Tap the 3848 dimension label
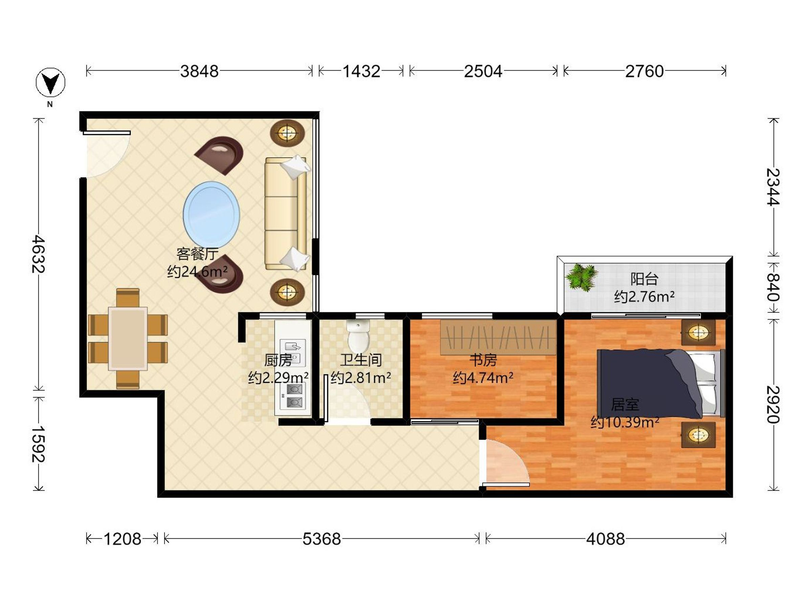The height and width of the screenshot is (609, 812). tap(199, 71)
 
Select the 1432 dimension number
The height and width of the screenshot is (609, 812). tap(361, 71)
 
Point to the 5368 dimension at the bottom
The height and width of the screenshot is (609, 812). tap(321, 539)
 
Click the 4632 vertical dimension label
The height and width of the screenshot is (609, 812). tap(38, 254)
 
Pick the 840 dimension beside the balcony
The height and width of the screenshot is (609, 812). tap(773, 287)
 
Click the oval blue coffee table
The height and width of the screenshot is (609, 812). tap(211, 215)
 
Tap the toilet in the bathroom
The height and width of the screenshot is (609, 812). tap(358, 336)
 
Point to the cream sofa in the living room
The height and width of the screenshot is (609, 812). tap(286, 213)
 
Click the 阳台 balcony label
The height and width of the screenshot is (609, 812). tap(644, 279)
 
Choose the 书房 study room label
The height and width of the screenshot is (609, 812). tap(483, 360)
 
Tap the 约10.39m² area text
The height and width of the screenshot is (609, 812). tap(625, 422)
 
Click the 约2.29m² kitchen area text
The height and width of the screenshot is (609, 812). tap(278, 377)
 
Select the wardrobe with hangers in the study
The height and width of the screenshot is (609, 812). tap(498, 337)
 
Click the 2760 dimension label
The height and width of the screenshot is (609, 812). tap(644, 71)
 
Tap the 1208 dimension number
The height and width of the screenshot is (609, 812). tap(122, 539)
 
